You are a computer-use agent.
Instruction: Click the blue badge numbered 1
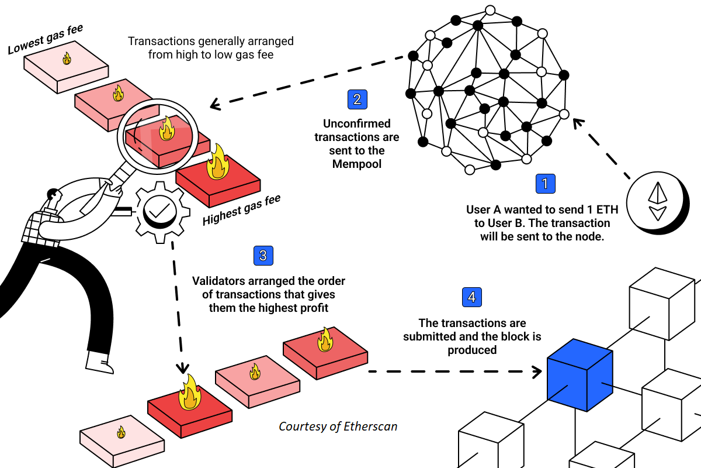[x=545, y=184]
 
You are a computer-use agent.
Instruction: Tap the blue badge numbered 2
[x=357, y=99]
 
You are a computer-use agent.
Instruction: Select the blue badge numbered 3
[x=263, y=256]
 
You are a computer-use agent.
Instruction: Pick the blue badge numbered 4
[x=471, y=297]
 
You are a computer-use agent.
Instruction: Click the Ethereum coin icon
[x=658, y=203]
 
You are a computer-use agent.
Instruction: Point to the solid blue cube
[x=580, y=375]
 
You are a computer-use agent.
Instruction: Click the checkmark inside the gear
[x=159, y=211]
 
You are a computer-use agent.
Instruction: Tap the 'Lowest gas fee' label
[x=46, y=39]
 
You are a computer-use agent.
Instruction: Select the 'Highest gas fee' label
[x=241, y=209]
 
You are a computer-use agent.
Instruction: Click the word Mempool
[x=357, y=164]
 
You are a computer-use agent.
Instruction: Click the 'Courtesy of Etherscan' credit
[x=338, y=426]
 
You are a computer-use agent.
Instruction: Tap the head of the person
[x=54, y=194]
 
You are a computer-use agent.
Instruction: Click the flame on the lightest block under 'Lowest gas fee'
[x=67, y=58]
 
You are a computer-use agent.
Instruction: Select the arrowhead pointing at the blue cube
[x=537, y=371]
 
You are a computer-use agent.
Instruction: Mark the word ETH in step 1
[x=608, y=209]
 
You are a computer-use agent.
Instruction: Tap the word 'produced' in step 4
[x=472, y=350]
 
